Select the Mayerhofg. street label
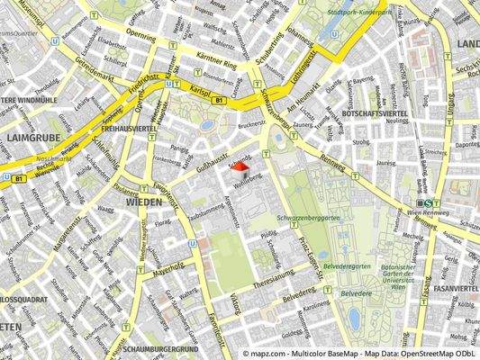(167, 266)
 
